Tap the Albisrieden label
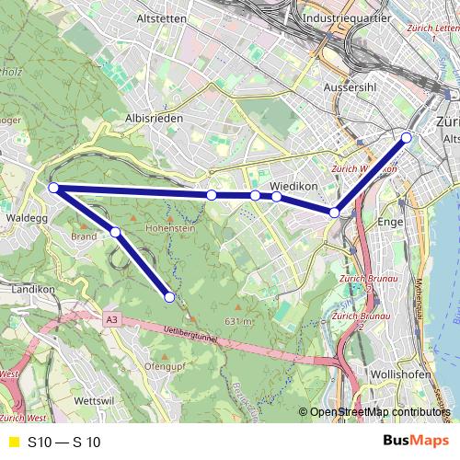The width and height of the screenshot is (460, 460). (154, 119)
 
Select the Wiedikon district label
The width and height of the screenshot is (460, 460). (294, 185)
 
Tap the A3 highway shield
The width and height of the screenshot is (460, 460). (111, 319)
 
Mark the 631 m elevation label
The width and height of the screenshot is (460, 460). (237, 321)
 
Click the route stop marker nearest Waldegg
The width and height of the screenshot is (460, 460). (53, 188)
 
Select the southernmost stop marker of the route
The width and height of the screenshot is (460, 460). (169, 296)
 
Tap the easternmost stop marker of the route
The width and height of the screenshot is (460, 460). (406, 138)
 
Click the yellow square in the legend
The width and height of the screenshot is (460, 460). (13, 442)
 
